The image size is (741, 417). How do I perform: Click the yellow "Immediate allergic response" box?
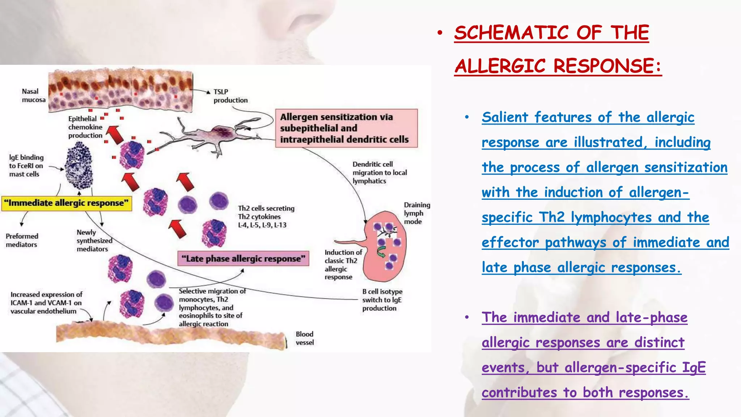[x=67, y=203]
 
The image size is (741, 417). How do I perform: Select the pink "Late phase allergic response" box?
[x=243, y=258]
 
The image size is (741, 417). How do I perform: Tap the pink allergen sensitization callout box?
[x=346, y=128]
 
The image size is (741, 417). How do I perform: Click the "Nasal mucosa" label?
[x=33, y=96]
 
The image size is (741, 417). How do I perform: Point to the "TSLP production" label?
[x=230, y=96]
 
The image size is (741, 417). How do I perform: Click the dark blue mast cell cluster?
[x=79, y=165]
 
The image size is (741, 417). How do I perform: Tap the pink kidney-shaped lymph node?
[x=385, y=246]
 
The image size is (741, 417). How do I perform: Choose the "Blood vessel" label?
[x=305, y=338]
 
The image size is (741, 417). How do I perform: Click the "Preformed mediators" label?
[x=22, y=240]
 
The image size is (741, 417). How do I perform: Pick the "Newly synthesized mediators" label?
[x=93, y=241]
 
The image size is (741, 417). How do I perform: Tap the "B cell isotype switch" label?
[x=382, y=300]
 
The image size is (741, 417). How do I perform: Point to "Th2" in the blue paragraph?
[x=551, y=218]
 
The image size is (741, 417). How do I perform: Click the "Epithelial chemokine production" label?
[x=85, y=127]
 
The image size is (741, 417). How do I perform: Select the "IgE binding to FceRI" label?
[x=26, y=166]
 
